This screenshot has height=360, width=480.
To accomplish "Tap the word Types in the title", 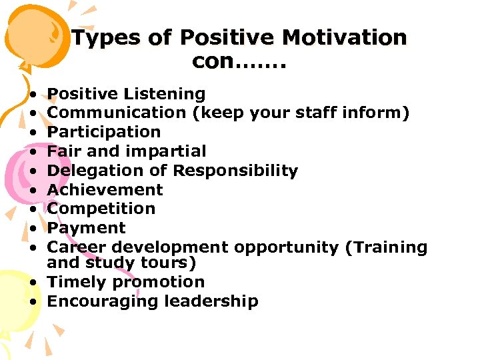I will tap(105, 38).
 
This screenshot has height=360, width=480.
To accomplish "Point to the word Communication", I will tap(117, 113).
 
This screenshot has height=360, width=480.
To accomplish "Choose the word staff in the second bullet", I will tap(313, 113).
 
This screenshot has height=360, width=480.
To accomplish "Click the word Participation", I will tap(104, 132).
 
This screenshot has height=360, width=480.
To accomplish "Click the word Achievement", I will tap(105, 190).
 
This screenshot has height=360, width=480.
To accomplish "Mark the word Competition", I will tap(101, 209).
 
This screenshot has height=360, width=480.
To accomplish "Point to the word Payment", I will tap(87, 228).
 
